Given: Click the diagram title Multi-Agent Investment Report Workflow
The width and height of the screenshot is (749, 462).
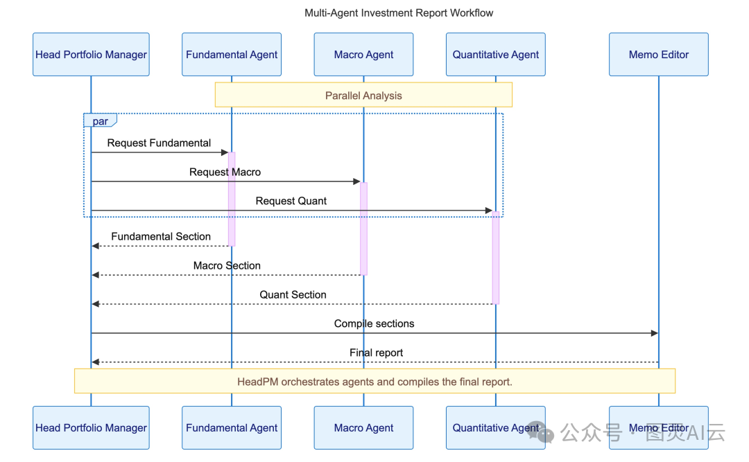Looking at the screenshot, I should (x=399, y=13).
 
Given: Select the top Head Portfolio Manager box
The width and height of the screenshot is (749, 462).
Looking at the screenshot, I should (x=91, y=55).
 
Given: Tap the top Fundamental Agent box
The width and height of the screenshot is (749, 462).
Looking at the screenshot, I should (x=232, y=55).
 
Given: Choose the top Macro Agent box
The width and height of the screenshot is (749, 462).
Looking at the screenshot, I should (x=363, y=55).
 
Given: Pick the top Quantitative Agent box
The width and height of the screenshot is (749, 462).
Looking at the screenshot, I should (x=495, y=55).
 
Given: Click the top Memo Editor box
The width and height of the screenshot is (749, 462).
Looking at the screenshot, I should (x=658, y=55).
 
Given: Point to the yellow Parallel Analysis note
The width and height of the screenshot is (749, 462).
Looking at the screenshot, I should (x=363, y=96).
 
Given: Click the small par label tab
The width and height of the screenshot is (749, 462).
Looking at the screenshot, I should (x=100, y=121).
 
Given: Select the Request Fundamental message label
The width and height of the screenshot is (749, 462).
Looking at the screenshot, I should (x=159, y=143).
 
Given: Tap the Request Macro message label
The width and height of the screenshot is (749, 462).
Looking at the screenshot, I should (x=225, y=172).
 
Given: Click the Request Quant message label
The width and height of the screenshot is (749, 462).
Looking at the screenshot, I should (x=291, y=202).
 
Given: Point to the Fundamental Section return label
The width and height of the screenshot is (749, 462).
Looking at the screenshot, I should (x=161, y=237).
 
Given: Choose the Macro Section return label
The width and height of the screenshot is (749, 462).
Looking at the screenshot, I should (x=227, y=266).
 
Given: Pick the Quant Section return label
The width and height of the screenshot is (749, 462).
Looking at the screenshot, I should (x=293, y=295).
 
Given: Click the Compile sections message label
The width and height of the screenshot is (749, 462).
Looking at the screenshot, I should (x=374, y=324).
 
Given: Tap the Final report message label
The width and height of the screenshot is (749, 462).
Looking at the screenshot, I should (x=376, y=353).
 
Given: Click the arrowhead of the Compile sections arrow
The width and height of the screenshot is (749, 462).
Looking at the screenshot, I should (x=654, y=333).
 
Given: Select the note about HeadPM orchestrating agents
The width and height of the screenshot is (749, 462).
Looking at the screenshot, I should (x=374, y=382).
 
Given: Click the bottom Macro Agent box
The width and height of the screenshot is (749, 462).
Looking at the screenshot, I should (x=363, y=428).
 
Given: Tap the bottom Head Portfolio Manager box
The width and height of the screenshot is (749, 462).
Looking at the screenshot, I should (x=91, y=428).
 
